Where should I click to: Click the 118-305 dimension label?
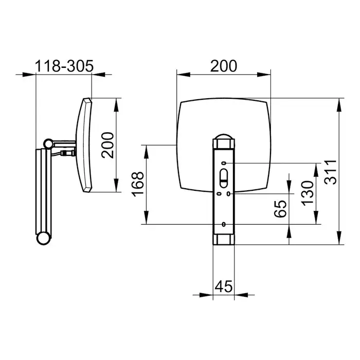(64, 66)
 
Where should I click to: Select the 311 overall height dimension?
(330, 172)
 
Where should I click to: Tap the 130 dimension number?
(308, 193)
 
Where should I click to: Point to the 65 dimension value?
(280, 209)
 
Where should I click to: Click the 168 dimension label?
(137, 184)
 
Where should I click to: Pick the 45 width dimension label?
(224, 286)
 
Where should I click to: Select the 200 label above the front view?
(224, 66)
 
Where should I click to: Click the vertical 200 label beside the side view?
(107, 145)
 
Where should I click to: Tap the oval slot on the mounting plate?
(223, 178)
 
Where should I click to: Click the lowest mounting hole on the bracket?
(224, 224)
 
